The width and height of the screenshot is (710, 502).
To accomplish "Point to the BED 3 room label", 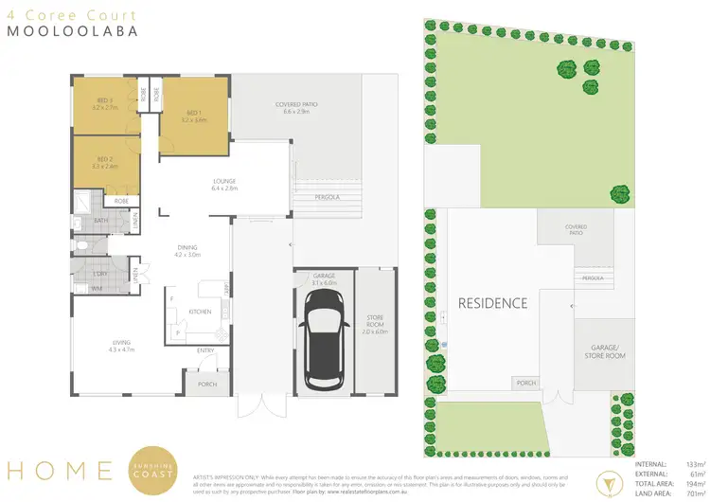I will [104, 103].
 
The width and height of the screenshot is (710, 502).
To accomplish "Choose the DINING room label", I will [186, 251].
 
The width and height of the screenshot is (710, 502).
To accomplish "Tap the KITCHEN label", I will [200, 311].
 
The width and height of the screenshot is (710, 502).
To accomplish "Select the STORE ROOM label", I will [376, 322].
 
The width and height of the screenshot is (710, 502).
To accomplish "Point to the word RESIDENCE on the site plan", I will [492, 303].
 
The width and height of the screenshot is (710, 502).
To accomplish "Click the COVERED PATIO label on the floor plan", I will [275, 108].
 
